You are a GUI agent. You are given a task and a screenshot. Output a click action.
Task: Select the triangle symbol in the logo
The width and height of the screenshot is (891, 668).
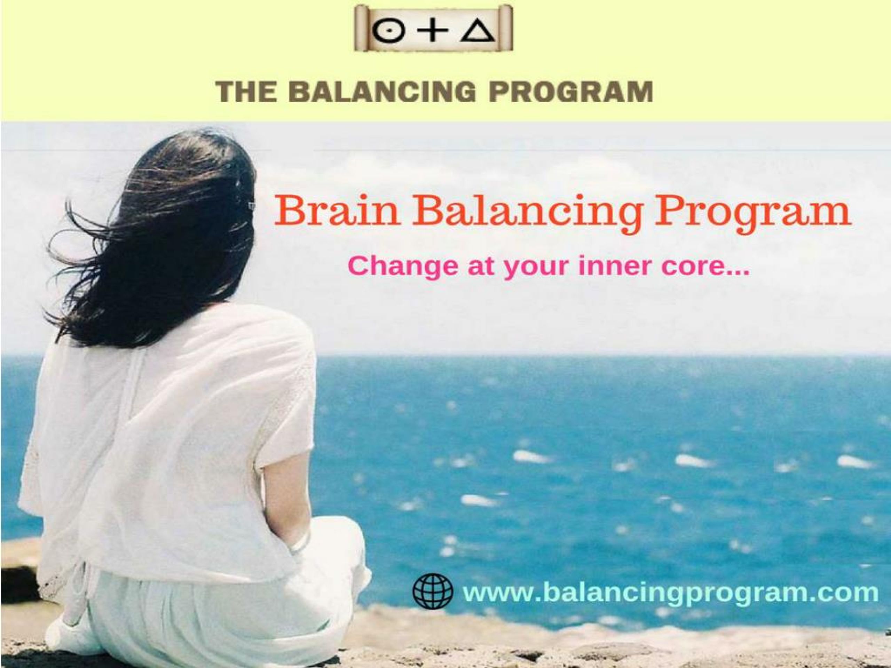coord(477,31)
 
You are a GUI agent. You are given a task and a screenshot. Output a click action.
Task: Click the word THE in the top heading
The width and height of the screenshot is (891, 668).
coord(246,92)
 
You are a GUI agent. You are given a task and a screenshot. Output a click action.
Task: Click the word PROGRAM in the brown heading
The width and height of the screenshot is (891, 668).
coord(570,92)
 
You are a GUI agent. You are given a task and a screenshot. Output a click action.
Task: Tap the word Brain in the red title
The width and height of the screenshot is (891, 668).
coord(337,210)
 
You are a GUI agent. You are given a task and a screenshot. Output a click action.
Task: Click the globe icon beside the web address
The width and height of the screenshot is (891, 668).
coord(433,591)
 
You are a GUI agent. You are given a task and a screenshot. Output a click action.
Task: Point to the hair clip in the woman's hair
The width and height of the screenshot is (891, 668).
coord(251,206)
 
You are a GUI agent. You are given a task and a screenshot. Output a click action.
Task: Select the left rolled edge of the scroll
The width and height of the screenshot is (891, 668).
coord(361,28)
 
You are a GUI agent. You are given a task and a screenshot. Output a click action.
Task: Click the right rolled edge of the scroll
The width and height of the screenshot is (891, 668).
coord(506,28)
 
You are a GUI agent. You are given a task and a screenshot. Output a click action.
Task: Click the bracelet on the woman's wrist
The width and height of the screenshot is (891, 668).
coord(300,542)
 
